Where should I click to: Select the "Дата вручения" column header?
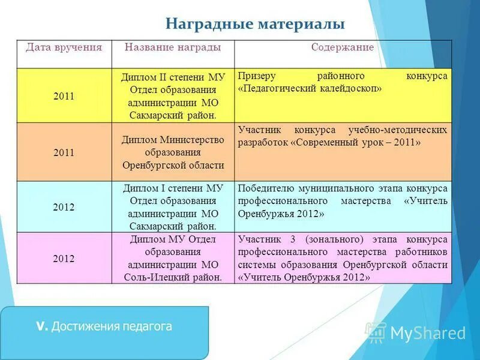click(x=64, y=47)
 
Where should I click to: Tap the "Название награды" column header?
click(x=172, y=47)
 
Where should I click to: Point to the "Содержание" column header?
click(x=342, y=47)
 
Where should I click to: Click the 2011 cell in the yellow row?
click(x=64, y=96)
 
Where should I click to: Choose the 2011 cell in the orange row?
click(x=64, y=152)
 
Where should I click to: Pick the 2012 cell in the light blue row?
click(x=64, y=207)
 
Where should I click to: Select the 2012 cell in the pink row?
click(x=64, y=259)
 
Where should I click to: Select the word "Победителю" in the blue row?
click(x=263, y=188)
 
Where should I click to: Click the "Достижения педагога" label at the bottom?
click(x=112, y=326)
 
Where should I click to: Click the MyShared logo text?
click(x=428, y=333)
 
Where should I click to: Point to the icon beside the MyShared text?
click(x=376, y=332)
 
